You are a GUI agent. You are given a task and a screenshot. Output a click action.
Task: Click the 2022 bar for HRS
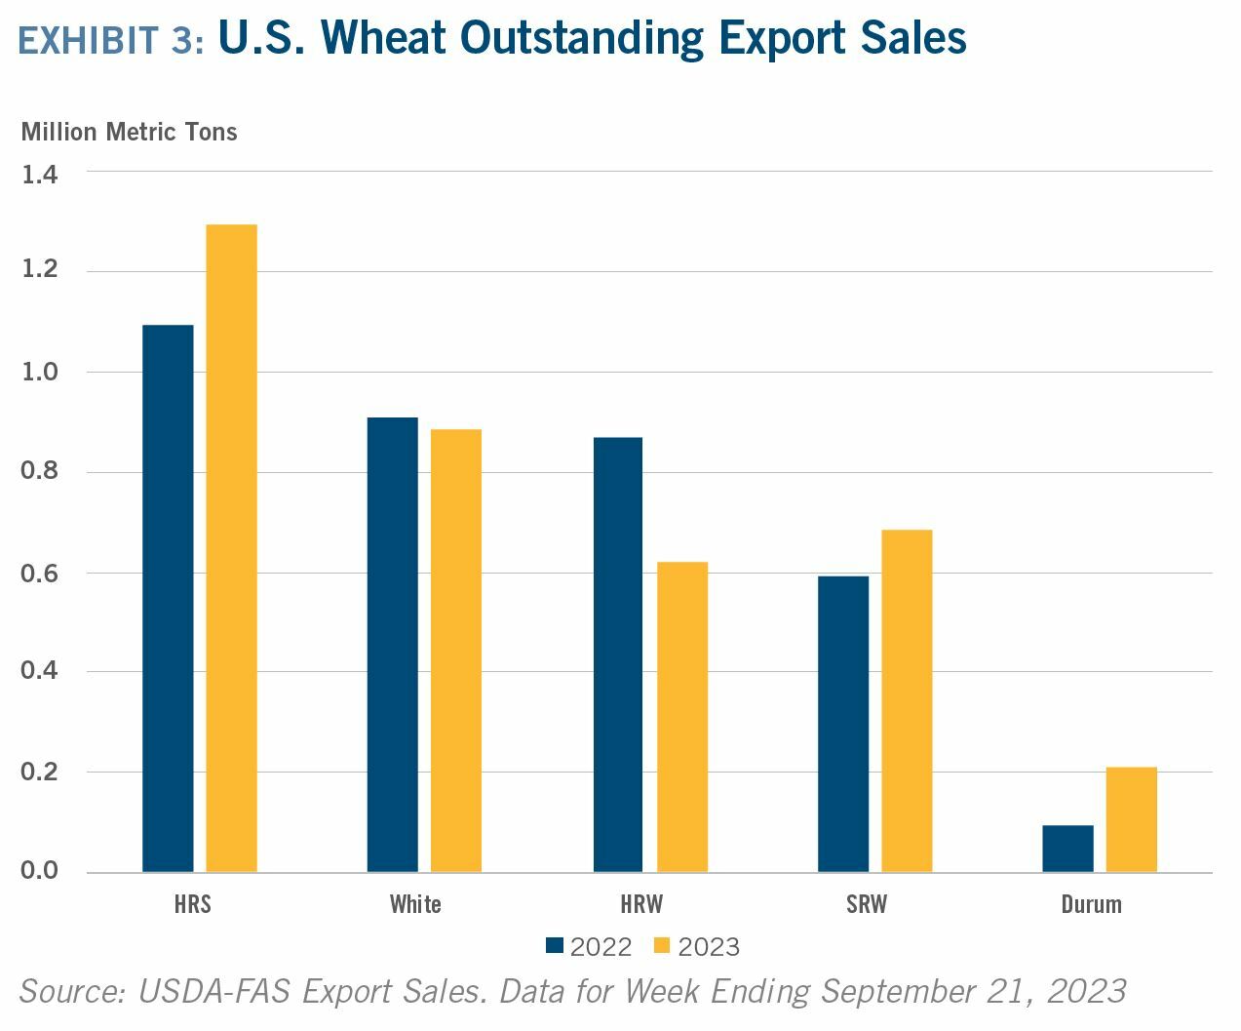[x=168, y=598]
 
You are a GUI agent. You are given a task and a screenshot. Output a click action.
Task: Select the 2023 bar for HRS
[x=232, y=548]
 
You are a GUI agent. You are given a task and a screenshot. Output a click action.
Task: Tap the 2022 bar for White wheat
[x=393, y=645]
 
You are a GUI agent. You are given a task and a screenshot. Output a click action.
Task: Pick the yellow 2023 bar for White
[x=456, y=651]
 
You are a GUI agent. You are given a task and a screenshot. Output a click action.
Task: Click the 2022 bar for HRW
[x=618, y=654]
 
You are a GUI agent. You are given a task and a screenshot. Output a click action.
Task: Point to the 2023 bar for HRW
[x=682, y=717]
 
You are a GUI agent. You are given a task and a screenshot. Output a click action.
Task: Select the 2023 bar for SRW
[x=907, y=700]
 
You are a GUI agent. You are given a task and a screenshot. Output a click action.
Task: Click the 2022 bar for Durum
[x=1067, y=849]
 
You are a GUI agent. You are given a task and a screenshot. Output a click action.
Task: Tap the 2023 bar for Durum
[x=1132, y=819]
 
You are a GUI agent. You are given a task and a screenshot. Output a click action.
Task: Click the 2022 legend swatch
[x=555, y=945]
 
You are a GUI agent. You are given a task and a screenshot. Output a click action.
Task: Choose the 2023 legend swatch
[x=663, y=945]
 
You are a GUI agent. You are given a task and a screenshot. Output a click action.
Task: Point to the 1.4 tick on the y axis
[x=40, y=175]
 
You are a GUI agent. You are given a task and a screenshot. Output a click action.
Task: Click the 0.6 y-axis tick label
[x=40, y=574]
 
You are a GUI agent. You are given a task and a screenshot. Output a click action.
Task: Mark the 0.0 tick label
[x=40, y=870]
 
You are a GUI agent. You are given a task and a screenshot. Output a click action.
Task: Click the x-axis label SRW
[x=867, y=904]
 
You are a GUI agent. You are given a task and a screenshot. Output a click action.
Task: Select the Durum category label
[x=1091, y=904]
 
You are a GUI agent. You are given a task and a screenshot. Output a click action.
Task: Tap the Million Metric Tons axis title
[x=129, y=132]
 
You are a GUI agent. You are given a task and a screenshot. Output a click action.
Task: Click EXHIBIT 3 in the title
[x=111, y=40]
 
